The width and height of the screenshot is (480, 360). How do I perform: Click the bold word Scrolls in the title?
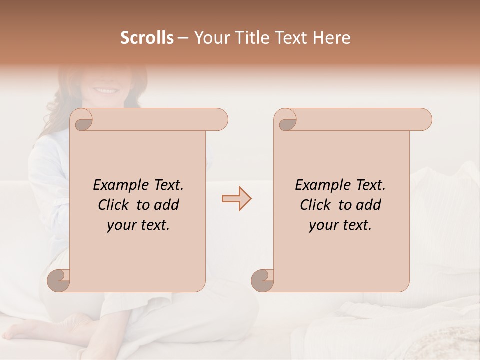pyautogui.click(x=147, y=38)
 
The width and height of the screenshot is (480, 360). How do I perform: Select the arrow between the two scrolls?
pyautogui.click(x=237, y=199)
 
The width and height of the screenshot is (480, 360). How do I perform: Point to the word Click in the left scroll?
pyautogui.click(x=114, y=205)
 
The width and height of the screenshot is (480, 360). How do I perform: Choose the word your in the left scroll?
pyautogui.click(x=121, y=225)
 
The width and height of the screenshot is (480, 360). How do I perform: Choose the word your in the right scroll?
pyautogui.click(x=323, y=225)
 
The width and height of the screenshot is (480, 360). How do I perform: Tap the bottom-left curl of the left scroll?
pyautogui.click(x=59, y=280)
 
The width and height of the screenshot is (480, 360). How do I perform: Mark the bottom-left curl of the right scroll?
pyautogui.click(x=263, y=280)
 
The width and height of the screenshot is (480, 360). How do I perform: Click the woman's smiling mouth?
pyautogui.click(x=105, y=91)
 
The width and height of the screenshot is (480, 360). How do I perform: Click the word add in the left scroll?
pyautogui.click(x=167, y=205)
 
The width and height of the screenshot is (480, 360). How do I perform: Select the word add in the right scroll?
pyautogui.click(x=369, y=205)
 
